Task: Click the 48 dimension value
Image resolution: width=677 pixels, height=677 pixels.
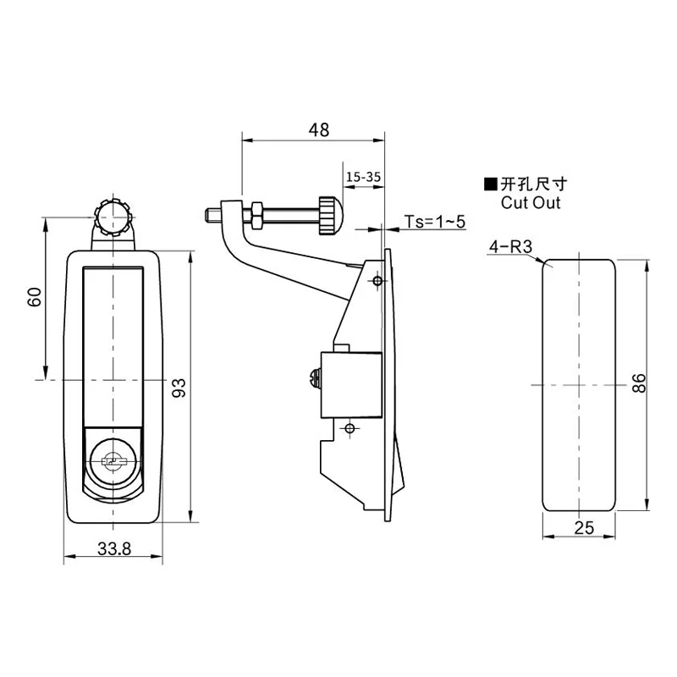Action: [x=318, y=129]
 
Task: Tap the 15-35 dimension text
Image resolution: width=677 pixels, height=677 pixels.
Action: [x=362, y=177]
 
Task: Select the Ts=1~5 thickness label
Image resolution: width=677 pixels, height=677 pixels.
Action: [x=434, y=222]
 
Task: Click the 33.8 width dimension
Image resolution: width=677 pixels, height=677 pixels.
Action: [x=113, y=548]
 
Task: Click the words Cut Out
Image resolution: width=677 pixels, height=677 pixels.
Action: [x=531, y=203]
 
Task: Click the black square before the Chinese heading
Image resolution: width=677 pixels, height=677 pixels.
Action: [x=489, y=184]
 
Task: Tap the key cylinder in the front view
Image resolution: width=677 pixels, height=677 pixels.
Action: [x=113, y=460]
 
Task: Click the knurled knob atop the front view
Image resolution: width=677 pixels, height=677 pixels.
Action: [x=112, y=218]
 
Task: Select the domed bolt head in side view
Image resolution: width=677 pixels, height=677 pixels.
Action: [x=327, y=216]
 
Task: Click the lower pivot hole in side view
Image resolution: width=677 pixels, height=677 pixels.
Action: [x=348, y=429]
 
